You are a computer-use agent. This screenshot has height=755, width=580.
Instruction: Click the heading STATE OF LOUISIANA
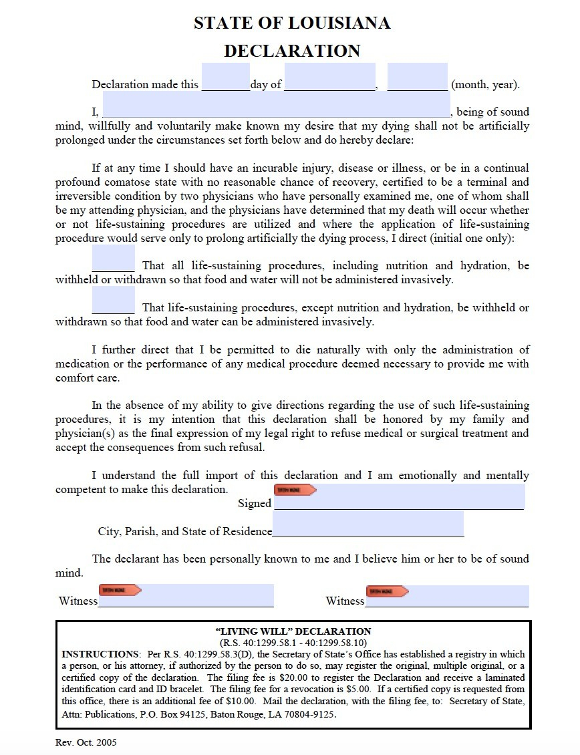[292, 23]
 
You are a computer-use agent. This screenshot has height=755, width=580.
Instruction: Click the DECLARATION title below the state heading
[292, 51]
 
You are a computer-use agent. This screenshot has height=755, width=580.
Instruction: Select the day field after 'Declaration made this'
[225, 78]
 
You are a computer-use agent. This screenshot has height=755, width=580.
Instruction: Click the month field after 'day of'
[330, 78]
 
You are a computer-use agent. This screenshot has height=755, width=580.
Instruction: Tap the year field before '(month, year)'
[417, 78]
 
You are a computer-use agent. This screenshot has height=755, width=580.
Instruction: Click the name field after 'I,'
[276, 106]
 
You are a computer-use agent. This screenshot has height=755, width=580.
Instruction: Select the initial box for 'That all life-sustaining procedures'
[113, 259]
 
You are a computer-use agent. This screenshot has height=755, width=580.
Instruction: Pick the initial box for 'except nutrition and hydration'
[113, 301]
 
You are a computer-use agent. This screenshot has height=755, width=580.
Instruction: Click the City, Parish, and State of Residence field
[368, 524]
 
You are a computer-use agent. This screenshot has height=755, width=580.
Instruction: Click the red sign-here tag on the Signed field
[295, 490]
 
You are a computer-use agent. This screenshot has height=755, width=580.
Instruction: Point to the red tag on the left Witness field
[120, 590]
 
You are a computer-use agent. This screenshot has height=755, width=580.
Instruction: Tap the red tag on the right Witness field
[388, 591]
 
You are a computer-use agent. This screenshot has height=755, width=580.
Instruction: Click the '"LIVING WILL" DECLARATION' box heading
[293, 631]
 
